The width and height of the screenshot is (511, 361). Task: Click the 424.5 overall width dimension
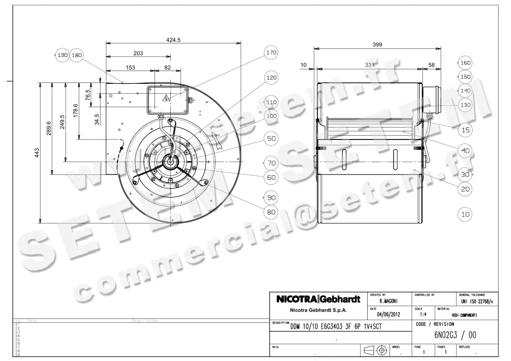pos(173,40)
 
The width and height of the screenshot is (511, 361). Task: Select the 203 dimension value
pos(138,53)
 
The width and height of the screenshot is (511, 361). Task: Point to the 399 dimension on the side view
pos(377,44)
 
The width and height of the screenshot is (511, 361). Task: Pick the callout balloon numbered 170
pos(271,53)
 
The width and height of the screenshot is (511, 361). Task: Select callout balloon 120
pos(271,78)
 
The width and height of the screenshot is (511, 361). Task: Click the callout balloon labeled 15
pos(466,130)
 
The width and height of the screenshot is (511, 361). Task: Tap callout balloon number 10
pos(465,214)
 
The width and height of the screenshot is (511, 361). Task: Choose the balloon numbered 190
pos(63,55)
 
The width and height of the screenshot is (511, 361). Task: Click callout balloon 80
pos(271,212)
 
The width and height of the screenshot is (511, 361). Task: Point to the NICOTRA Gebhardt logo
pos(319,299)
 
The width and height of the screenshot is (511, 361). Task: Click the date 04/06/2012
pos(388,315)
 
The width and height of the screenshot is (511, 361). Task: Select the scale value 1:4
pos(423,315)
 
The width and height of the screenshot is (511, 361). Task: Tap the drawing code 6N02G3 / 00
pos(455,335)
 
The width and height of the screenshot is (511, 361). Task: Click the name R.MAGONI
pos(388,301)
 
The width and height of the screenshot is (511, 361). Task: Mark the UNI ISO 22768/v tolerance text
pos(477,301)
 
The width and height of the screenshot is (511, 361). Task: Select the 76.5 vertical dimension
pos(88,94)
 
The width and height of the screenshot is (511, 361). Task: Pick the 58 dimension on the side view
pos(431,65)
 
